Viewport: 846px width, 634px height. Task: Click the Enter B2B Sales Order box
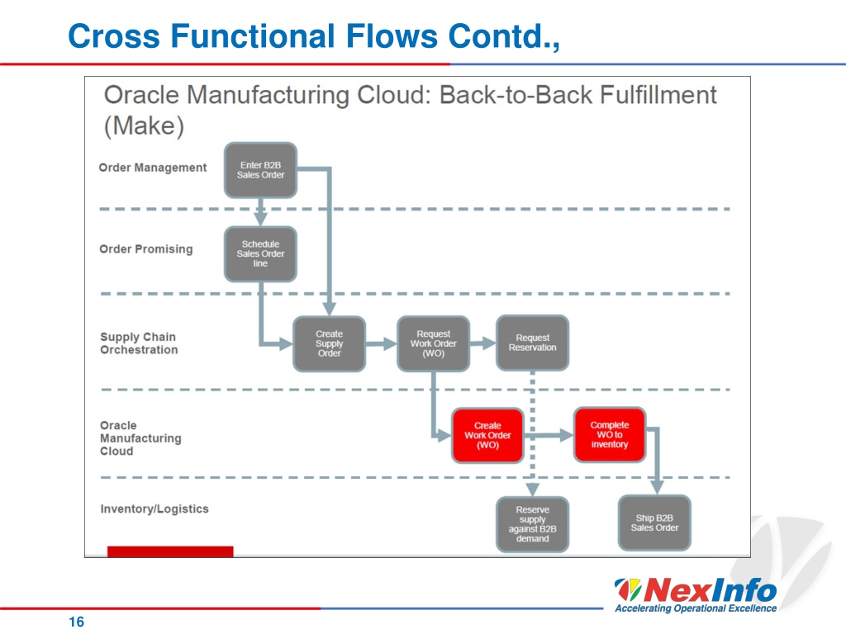pos(260,170)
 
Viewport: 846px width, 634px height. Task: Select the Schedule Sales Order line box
pos(260,254)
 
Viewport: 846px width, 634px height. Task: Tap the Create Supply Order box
pos(329,344)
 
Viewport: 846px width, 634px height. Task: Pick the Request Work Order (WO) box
pos(433,344)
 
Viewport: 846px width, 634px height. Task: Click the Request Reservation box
pos(533,343)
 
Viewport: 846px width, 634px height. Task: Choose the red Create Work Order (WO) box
pos(487,436)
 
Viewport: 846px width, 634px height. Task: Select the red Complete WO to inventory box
pos(610,434)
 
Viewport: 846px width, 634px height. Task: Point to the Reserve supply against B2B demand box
pos(533,524)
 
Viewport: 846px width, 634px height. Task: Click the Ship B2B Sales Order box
pos(654,523)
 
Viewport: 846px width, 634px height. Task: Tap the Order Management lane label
pos(153,168)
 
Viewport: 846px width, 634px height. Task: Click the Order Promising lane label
pos(146,249)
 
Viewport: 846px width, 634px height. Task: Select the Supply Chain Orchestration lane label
pos(139,343)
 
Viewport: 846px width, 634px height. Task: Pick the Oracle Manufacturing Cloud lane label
pos(140,438)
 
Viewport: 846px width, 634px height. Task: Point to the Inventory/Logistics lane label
pos(154,509)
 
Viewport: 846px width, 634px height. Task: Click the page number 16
pos(77,622)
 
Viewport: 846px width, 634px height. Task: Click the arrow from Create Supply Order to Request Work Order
pos(381,344)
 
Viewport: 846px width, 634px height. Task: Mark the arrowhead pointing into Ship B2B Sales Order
pos(657,487)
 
